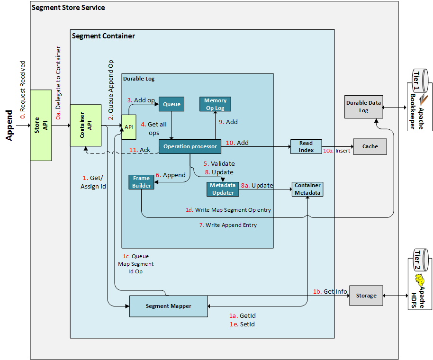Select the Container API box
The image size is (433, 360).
click(x=85, y=125)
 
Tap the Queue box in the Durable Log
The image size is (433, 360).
click(x=171, y=104)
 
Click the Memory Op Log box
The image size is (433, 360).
click(x=215, y=104)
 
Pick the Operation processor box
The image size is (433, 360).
click(x=190, y=146)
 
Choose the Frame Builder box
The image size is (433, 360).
click(x=141, y=182)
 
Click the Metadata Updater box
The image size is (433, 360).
click(x=223, y=189)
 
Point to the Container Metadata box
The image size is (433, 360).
click(x=307, y=189)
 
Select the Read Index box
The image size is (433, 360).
click(x=306, y=146)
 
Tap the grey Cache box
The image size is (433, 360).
click(x=370, y=146)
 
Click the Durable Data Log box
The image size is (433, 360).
click(x=363, y=107)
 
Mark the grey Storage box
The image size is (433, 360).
click(x=366, y=296)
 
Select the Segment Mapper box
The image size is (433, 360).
click(x=168, y=306)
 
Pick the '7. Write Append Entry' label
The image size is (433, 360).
click(x=228, y=225)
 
